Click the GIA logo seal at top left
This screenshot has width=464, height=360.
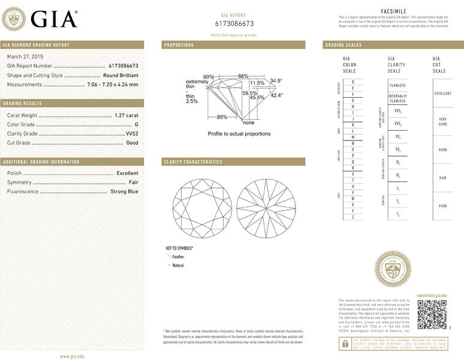point(14,19)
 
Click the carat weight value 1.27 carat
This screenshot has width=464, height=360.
point(126,115)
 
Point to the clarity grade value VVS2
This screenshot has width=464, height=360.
point(132,134)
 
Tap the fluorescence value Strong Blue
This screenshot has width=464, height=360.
point(124,191)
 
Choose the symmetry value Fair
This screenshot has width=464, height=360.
point(133,182)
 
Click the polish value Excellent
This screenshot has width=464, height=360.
point(127,173)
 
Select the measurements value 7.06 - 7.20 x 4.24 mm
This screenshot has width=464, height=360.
point(113,85)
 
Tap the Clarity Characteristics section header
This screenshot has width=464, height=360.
point(193,162)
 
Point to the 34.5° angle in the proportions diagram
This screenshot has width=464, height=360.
point(276,80)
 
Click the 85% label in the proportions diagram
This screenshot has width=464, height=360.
point(222,117)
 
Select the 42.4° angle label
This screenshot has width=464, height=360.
point(276,95)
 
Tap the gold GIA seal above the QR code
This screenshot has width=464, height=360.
point(392,269)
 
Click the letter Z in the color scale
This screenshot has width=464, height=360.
point(352,217)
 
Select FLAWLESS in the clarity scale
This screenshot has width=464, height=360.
point(397,85)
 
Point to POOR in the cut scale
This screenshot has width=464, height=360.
point(442,206)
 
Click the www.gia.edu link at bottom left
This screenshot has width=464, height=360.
point(72,356)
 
